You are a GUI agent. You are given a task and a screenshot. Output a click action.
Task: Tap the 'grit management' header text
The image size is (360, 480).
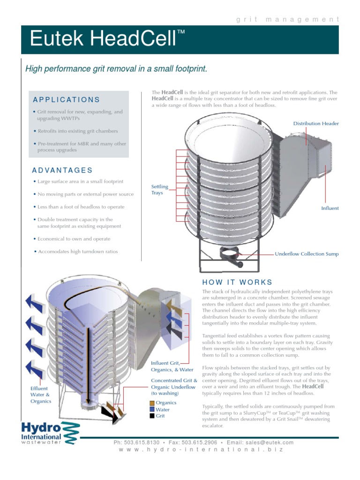(x=287, y=19)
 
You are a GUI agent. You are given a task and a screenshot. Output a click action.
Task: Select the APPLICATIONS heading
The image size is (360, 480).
(x=66, y=100)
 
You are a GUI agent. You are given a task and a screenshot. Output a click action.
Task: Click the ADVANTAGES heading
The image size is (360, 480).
(x=62, y=170)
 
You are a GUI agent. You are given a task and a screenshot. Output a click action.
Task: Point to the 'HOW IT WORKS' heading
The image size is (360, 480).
(x=237, y=282)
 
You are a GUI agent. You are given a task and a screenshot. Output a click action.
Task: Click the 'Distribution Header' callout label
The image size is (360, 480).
(x=316, y=124)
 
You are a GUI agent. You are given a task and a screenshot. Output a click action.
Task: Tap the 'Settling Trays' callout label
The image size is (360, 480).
(x=160, y=190)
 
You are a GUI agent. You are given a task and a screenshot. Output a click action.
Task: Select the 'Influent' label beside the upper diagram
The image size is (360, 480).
(x=330, y=208)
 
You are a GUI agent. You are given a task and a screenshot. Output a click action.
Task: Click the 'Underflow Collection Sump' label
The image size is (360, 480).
(x=307, y=254)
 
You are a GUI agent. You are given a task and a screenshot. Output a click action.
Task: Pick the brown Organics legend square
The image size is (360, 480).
(x=152, y=403)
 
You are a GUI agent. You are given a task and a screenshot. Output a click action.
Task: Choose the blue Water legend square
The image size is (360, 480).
(x=152, y=409)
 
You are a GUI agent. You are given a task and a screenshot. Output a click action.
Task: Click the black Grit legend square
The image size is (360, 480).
(x=152, y=416)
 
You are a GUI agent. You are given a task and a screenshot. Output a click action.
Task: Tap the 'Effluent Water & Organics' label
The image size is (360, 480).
(x=41, y=395)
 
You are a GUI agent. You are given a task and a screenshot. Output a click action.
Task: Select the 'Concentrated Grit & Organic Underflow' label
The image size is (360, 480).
(x=173, y=387)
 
